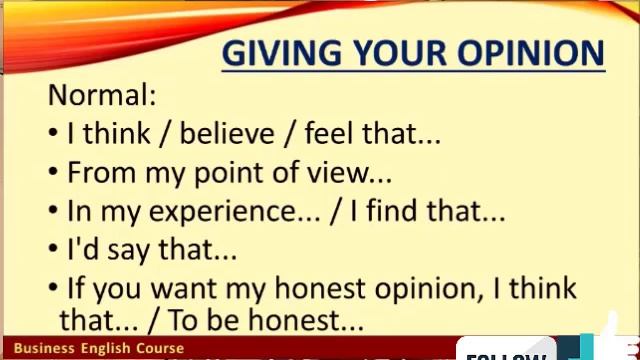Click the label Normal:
102,96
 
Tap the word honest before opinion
320,289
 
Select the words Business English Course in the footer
99,349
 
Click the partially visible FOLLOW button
506,353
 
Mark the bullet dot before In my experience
53,212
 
